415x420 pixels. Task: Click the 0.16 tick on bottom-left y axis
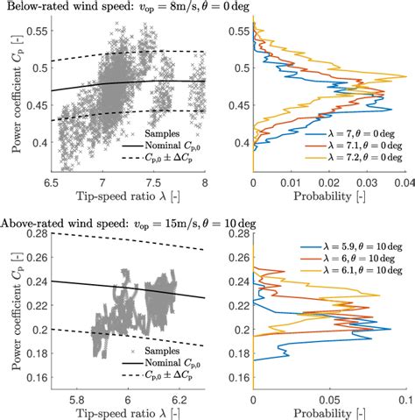(x=39, y=381)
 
